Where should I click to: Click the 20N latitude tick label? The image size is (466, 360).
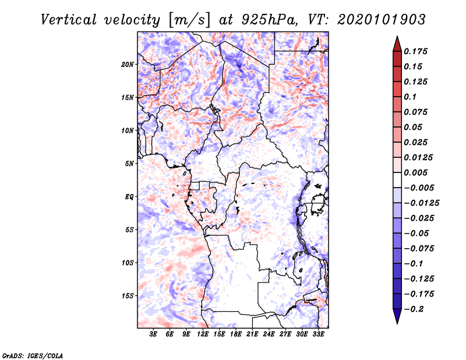pyautogui.click(x=128, y=65)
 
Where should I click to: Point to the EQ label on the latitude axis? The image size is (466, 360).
pyautogui.click(x=129, y=197)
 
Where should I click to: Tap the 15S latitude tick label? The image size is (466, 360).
pyautogui.click(x=128, y=296)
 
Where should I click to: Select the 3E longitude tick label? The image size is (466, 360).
pyautogui.click(x=153, y=334)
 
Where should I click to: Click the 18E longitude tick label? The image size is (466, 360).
pyautogui.click(x=236, y=334)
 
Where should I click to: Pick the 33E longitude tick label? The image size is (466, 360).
pyautogui.click(x=318, y=334)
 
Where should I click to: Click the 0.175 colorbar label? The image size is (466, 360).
pyautogui.click(x=415, y=51)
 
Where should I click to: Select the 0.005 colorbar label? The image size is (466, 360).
pyautogui.click(x=415, y=172)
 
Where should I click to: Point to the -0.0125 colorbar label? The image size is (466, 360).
pyautogui.click(x=422, y=203)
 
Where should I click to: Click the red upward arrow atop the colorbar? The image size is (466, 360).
pyautogui.click(x=397, y=44)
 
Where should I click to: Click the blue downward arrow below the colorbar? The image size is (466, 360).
pyautogui.click(x=397, y=316)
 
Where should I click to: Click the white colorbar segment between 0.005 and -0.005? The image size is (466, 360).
pyautogui.click(x=397, y=180)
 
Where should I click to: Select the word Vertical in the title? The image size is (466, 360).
pyautogui.click(x=68, y=20)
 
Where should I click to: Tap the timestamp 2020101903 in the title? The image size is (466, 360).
pyautogui.click(x=382, y=20)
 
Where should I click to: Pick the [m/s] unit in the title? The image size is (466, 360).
pyautogui.click(x=189, y=20)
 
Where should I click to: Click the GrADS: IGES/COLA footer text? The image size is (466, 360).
pyautogui.click(x=33, y=356)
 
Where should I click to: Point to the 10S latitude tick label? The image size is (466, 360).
pyautogui.click(x=128, y=263)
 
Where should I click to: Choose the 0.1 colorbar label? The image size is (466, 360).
pyautogui.click(x=410, y=97)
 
